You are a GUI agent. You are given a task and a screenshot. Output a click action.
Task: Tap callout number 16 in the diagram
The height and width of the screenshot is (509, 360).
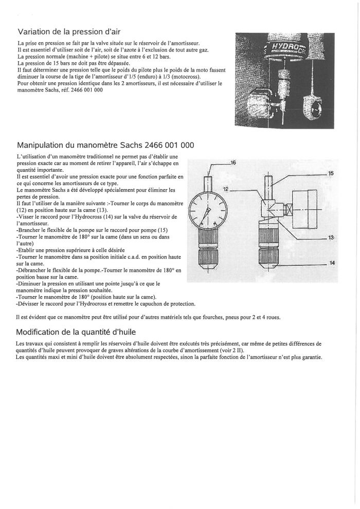coord(232,162)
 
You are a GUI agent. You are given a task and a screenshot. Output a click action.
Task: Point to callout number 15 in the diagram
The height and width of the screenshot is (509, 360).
coord(331,173)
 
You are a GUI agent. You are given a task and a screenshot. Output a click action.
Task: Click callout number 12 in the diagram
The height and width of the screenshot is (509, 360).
coord(226,190)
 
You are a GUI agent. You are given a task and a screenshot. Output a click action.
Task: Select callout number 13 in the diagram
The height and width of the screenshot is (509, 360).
coord(331,238)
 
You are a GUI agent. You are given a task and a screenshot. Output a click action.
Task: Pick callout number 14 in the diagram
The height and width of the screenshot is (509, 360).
coord(332,263)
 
